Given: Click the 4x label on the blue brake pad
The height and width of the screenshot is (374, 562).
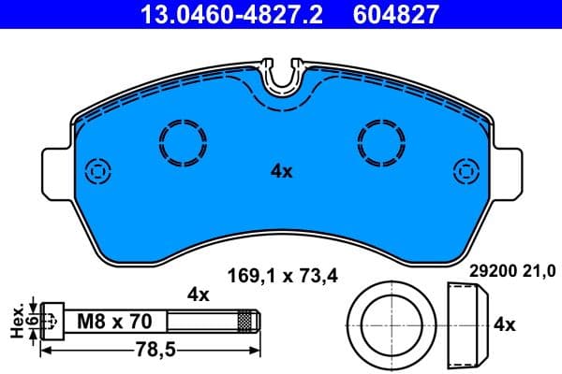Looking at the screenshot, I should tap(282, 171).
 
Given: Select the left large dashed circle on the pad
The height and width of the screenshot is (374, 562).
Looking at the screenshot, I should tap(183, 143).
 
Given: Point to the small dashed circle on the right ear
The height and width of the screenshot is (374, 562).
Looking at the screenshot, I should tap(466, 171).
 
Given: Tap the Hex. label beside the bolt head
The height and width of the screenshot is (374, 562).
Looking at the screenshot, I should tap(15, 320).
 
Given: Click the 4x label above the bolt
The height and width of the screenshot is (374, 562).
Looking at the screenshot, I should tap(197, 294).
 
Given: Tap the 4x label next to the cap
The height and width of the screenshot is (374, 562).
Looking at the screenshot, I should tap(505, 324).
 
